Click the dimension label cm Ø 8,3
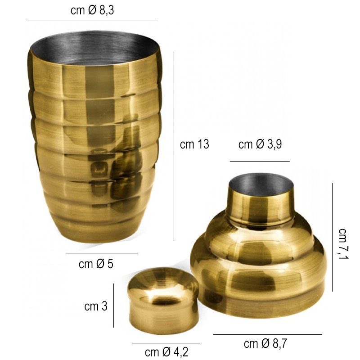tap(92, 11)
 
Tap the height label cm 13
tap(194, 144)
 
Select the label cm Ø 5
tap(96, 264)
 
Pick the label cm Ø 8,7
tap(265, 344)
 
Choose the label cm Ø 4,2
tap(166, 351)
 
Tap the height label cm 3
tap(96, 306)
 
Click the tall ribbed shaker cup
tap(94, 148)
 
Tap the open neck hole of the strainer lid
tap(261, 184)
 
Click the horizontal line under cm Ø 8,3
tap(93, 21)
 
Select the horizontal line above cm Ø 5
tap(101, 253)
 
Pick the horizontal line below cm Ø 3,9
tap(260, 161)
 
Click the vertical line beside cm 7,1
tap(332, 237)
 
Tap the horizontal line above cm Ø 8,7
tap(267, 334)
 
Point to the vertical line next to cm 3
tap(113, 306)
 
